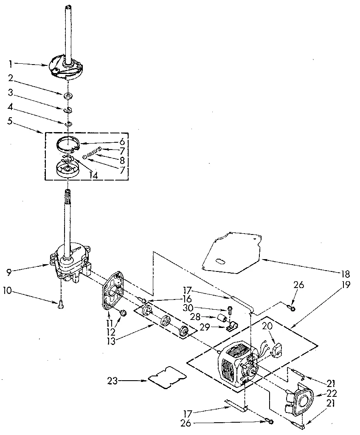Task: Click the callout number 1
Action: tap(10, 64)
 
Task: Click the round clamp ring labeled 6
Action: tap(68, 143)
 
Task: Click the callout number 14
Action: tap(93, 175)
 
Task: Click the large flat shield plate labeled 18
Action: tap(231, 253)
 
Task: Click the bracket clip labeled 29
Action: tap(231, 327)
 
